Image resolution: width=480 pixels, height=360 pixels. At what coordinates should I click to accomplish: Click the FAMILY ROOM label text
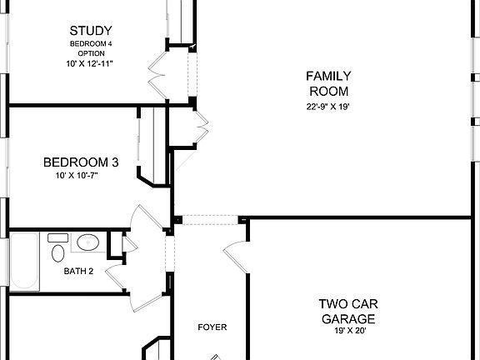pos(328,83)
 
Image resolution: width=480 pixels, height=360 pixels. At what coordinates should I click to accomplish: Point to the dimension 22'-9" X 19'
pos(328,106)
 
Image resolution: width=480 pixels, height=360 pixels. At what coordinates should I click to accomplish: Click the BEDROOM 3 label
pos(80,162)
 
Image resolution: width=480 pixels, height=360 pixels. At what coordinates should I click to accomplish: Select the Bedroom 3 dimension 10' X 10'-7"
pos(80,175)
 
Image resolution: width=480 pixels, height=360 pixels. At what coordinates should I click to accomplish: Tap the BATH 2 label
pos(78,271)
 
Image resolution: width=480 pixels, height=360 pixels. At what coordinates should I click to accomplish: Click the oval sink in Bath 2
pos(87,243)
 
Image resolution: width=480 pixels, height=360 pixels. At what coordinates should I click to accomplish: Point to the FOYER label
pos(212,327)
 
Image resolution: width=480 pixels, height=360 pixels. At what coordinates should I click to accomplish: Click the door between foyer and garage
pos(234,246)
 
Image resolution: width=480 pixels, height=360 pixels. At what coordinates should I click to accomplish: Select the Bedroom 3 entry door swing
pos(147,218)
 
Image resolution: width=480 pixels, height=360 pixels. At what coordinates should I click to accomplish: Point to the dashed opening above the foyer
pos(210,219)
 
